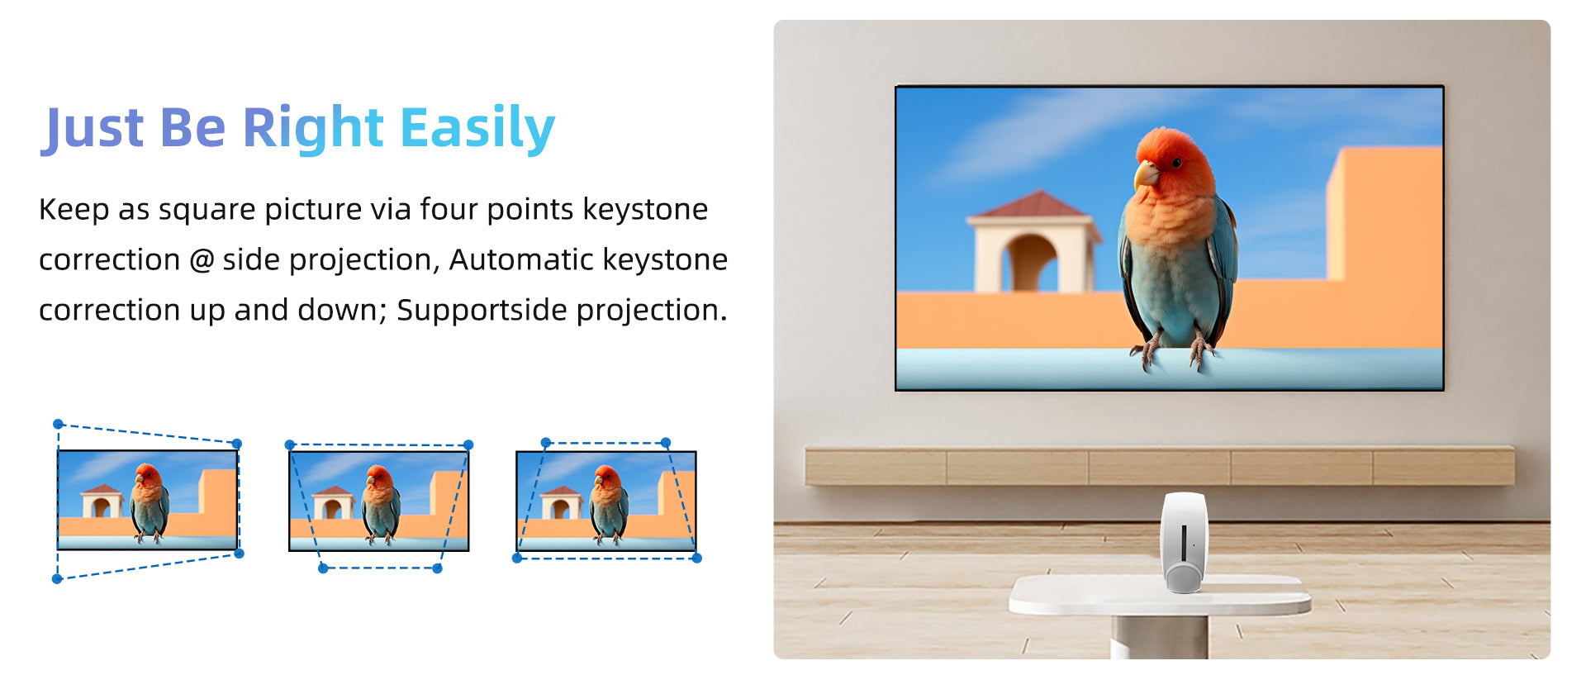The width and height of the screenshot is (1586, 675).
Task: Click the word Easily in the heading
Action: (477, 129)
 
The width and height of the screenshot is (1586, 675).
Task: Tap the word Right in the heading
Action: (312, 129)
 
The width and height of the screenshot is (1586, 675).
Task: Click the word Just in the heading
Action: (93, 129)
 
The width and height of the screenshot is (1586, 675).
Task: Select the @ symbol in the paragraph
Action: (202, 260)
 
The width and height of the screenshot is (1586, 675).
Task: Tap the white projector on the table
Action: (1185, 541)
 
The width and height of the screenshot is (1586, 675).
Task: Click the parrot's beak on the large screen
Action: (1145, 174)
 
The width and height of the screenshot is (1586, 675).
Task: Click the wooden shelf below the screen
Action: (1160, 466)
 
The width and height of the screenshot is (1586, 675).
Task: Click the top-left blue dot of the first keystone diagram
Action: (58, 424)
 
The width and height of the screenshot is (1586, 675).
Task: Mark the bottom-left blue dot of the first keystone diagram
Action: (57, 578)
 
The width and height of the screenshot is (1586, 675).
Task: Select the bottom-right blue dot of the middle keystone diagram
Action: (437, 568)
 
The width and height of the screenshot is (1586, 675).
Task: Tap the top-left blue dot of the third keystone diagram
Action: (545, 443)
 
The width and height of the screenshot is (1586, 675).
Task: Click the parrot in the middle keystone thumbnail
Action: (380, 503)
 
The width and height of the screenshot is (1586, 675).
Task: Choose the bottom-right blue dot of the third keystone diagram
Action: (696, 558)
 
